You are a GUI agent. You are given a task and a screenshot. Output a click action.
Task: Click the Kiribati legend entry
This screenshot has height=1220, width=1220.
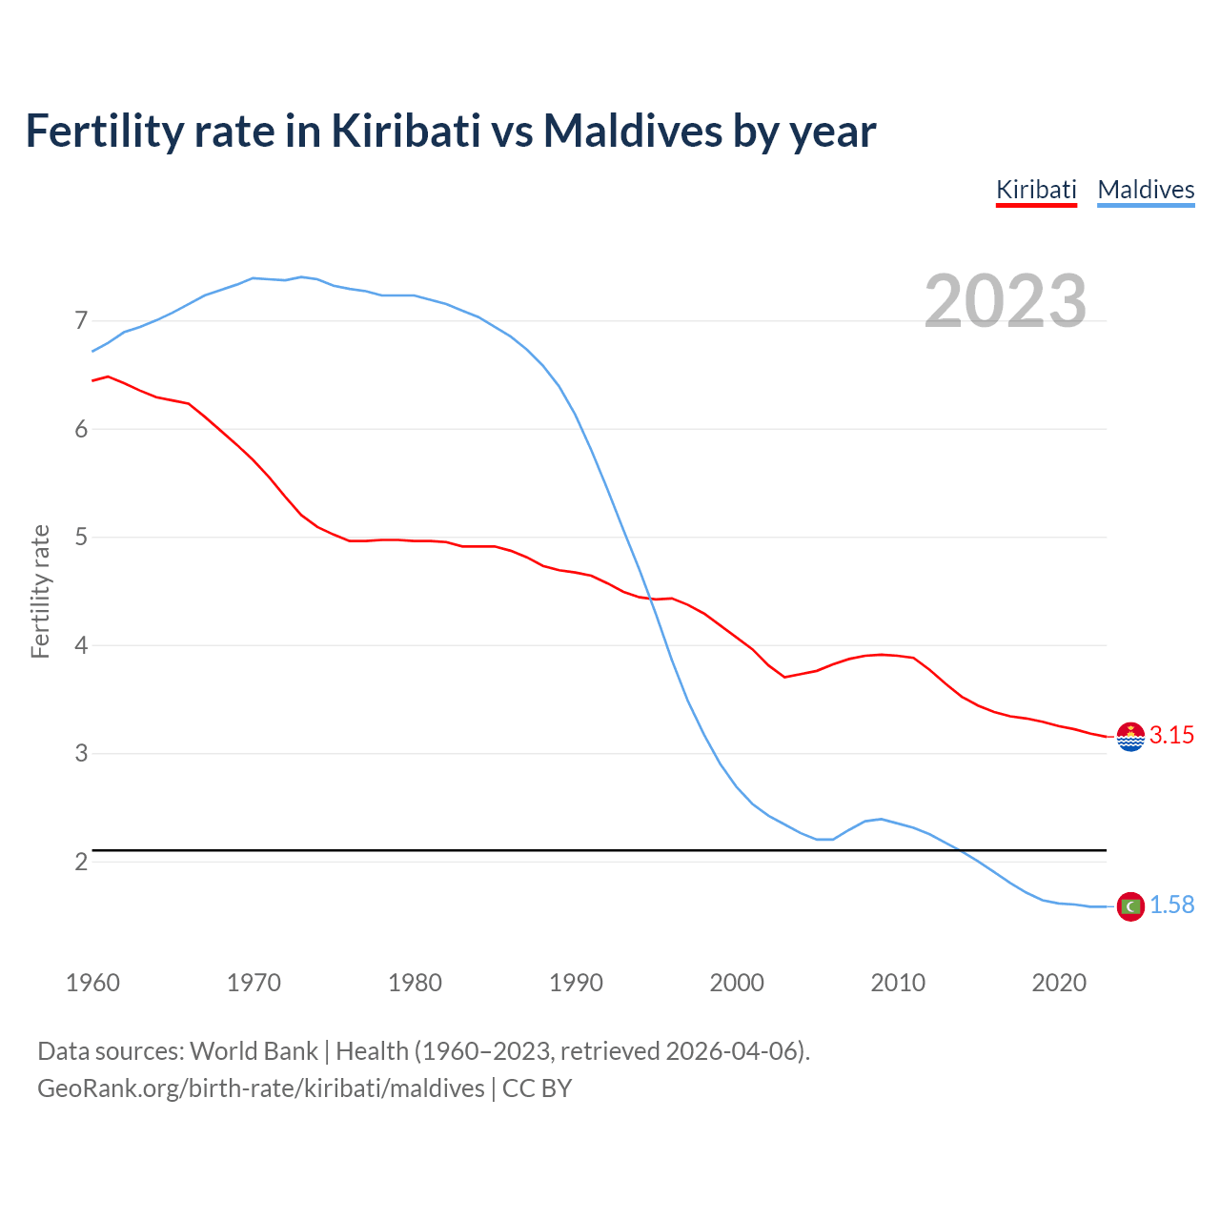coord(1036,190)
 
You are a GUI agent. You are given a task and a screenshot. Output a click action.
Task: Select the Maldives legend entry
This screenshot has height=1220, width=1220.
coord(1146,190)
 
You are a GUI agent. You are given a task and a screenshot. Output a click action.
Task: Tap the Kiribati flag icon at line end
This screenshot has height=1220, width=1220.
coord(1130,737)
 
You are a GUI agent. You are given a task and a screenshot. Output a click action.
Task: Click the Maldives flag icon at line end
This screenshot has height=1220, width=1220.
coord(1130,906)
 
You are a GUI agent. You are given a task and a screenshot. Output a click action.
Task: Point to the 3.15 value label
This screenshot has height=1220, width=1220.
coord(1171,735)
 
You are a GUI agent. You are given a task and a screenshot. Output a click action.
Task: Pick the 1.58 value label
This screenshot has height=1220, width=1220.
coord(1171,905)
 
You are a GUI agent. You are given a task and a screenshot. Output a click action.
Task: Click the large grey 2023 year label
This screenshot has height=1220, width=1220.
coord(1005,301)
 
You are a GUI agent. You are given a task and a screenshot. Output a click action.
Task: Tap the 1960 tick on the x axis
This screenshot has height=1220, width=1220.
coord(92,983)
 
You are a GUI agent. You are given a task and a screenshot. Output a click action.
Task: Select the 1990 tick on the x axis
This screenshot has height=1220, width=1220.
coord(576,983)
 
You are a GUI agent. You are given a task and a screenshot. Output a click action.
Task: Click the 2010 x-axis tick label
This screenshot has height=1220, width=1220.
coord(898,983)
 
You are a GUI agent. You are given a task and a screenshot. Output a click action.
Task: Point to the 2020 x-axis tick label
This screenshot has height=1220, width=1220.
coord(1059,983)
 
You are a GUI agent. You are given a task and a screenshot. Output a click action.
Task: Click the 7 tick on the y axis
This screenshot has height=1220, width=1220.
coord(81,320)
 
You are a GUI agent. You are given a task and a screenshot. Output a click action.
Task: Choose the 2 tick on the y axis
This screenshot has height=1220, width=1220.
coord(81,862)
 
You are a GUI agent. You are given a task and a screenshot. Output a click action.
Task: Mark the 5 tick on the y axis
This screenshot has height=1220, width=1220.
coord(81,537)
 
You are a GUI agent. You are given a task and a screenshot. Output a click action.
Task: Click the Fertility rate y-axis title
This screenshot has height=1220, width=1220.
coord(40,591)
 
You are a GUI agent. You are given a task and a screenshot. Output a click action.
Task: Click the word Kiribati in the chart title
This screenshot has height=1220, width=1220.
coord(406,132)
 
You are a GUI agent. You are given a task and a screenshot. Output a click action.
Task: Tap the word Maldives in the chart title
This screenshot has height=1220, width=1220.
coord(633,132)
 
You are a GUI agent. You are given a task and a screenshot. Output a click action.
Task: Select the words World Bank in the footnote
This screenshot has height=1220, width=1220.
coord(254,1051)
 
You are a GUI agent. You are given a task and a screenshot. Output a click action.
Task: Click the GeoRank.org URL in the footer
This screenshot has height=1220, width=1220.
coord(260,1088)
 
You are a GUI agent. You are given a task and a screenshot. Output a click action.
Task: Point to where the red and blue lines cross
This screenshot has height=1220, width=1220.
coord(653,600)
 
